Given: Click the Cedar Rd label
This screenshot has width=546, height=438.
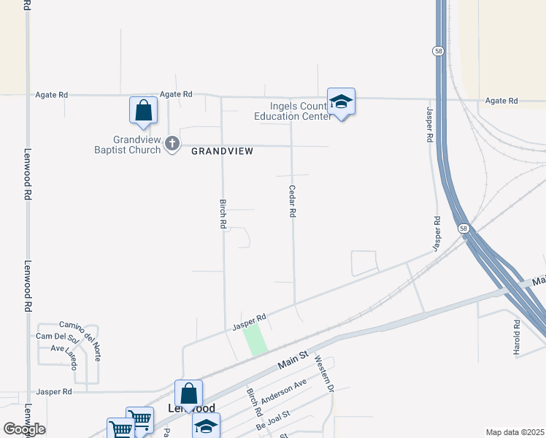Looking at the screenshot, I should (x=293, y=201).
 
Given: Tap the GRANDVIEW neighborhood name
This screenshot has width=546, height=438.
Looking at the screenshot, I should (x=223, y=151).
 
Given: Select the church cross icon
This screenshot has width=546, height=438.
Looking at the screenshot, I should (x=172, y=144).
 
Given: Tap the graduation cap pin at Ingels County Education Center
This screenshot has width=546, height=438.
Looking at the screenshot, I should (x=341, y=102).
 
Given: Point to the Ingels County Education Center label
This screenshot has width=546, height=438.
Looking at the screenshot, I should (x=291, y=111).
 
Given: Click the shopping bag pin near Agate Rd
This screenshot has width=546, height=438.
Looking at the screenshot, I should (x=144, y=111).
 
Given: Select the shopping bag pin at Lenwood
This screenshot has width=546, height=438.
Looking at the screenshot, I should (x=188, y=394).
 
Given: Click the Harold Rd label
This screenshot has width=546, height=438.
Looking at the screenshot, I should (x=517, y=333).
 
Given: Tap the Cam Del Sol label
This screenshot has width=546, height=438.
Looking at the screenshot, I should (x=57, y=337).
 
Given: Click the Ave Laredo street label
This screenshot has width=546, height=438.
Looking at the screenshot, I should (x=64, y=348).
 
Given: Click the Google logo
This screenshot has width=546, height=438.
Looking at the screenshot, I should (x=24, y=429).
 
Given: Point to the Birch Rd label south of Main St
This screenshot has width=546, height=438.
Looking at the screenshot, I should (x=253, y=398).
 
